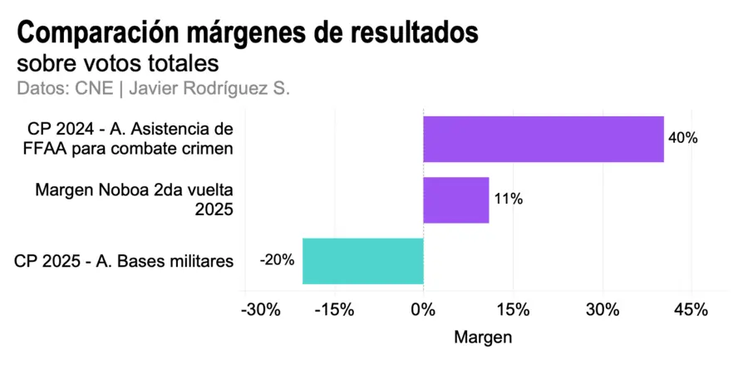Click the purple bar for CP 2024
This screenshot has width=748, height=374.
coord(544,139)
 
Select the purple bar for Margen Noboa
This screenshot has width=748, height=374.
coord(456,199)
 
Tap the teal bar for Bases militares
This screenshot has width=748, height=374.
coord(363,261)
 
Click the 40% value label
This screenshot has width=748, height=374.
coord(682,139)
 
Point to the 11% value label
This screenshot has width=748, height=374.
coord(507,199)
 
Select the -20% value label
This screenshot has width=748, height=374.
coord(277,260)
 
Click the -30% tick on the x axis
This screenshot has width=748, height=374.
coord(259,310)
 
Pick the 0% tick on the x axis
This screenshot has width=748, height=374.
coord(423,310)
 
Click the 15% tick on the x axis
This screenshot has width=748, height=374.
coord(513,310)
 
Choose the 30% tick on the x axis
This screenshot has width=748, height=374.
coord(602,310)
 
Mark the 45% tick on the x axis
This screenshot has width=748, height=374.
coord(691,310)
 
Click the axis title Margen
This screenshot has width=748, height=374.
coord(483,338)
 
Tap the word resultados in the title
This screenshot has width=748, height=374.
coord(415,33)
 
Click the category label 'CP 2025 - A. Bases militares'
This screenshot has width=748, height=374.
coord(124,261)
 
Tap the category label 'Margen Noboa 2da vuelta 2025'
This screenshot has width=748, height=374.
coord(135,199)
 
